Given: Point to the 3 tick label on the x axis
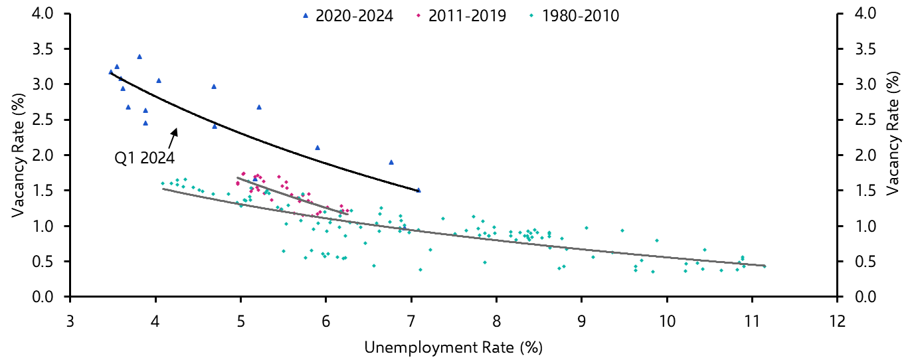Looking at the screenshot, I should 70,321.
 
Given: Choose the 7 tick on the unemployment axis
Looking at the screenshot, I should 411,321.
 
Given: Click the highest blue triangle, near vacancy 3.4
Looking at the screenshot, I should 139,56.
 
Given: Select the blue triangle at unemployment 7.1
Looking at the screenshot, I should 418,190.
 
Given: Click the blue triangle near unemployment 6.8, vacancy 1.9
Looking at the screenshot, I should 391,162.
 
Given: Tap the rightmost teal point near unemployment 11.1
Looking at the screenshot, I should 765,266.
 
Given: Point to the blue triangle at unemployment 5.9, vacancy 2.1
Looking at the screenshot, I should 318,147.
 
